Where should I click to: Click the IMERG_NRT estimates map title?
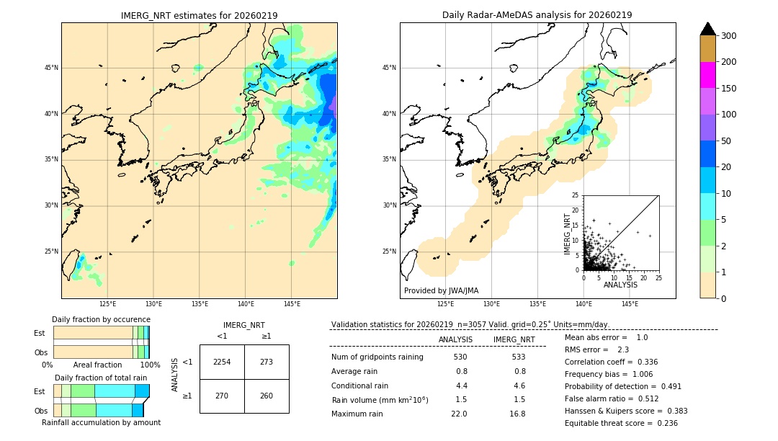(x=199, y=15)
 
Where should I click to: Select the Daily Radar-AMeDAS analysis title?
(x=537, y=15)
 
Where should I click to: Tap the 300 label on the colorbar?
(x=729, y=35)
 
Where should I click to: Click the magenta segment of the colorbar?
(x=707, y=75)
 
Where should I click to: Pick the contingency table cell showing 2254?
(x=222, y=362)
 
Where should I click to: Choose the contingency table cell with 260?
(x=267, y=396)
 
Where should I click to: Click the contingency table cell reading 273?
(x=267, y=362)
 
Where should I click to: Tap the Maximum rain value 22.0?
(x=459, y=414)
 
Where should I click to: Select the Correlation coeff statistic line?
(x=611, y=362)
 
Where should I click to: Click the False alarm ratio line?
(x=611, y=398)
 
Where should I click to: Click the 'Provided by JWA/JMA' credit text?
(x=441, y=291)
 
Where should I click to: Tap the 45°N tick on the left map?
(x=51, y=68)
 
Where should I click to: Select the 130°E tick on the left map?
(x=153, y=305)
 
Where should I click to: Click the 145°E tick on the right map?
(x=630, y=305)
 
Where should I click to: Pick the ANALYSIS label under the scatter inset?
(x=620, y=285)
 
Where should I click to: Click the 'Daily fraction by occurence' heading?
(x=101, y=319)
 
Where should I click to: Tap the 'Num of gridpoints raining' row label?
(x=377, y=357)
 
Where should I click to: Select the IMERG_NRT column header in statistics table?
(x=514, y=339)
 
